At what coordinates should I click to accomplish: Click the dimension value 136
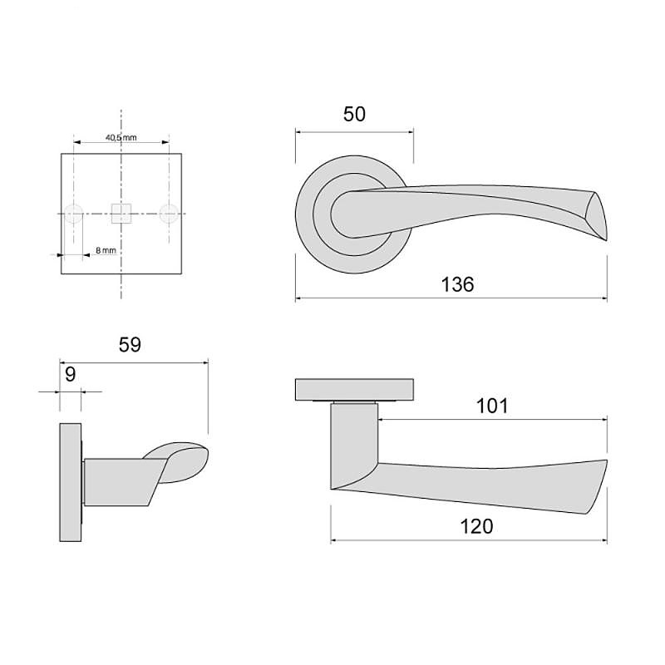click(x=457, y=284)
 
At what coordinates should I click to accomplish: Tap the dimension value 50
click(x=354, y=114)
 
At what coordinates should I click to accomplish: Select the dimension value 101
click(x=492, y=406)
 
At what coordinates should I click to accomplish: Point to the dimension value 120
click(x=476, y=526)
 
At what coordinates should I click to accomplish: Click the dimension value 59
click(x=130, y=345)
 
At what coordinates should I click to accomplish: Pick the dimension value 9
click(x=71, y=375)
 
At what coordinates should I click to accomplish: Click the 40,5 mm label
click(x=121, y=137)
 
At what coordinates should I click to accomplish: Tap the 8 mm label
click(x=106, y=250)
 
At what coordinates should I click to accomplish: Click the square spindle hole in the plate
click(x=121, y=214)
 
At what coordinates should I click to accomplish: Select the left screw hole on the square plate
click(x=73, y=214)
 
